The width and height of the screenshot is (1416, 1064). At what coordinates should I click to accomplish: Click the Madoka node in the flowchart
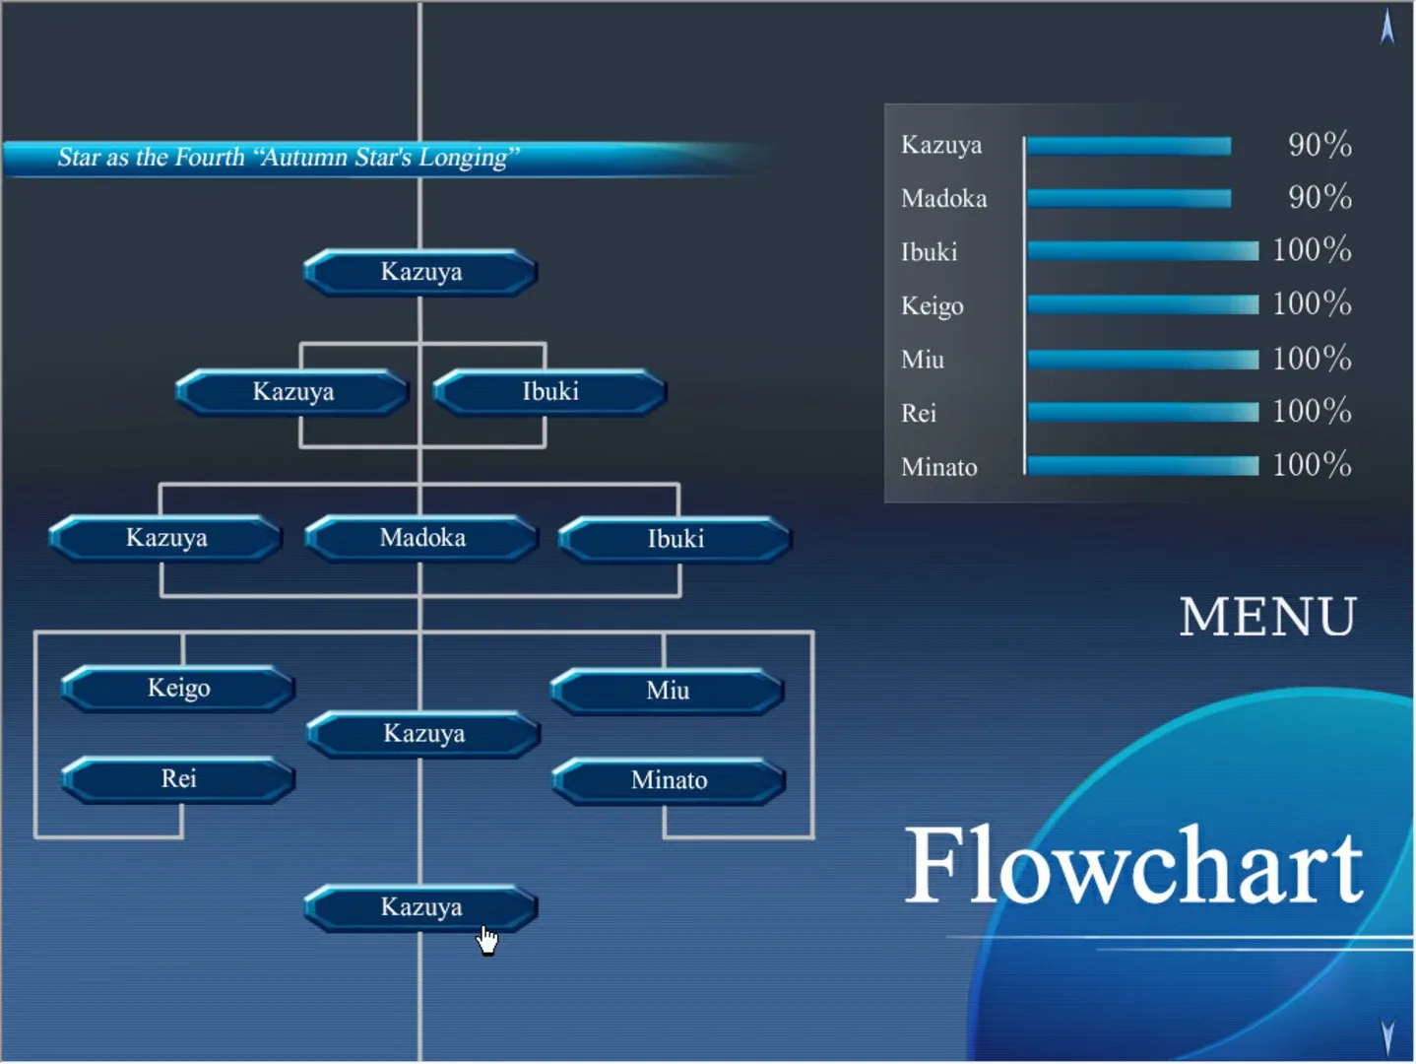[x=421, y=538]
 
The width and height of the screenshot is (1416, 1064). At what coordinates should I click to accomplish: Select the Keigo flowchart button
[x=178, y=689]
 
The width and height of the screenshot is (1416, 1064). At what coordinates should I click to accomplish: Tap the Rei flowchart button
[x=178, y=779]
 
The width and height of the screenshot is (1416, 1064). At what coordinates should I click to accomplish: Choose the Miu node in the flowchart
[x=668, y=691]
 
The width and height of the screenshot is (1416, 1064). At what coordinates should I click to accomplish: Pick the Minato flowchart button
[x=669, y=781]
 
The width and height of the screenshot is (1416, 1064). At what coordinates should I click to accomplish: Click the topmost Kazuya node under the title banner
[x=420, y=272]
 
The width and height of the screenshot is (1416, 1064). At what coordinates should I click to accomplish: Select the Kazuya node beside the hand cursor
[x=420, y=908]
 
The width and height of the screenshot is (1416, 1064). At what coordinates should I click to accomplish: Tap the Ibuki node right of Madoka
[x=676, y=540]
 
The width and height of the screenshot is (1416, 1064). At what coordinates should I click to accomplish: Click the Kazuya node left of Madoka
[x=166, y=538]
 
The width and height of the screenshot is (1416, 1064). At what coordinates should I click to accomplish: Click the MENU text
[x=1268, y=617]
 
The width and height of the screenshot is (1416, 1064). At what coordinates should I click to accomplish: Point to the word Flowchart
[x=1134, y=866]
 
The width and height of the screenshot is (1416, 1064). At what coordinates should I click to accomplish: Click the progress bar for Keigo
[x=1142, y=304]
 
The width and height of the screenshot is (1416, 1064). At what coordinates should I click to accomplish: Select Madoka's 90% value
[x=1319, y=197]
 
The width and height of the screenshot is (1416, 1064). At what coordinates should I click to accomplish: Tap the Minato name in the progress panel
[x=939, y=467]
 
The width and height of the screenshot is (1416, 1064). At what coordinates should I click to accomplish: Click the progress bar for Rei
[x=1142, y=413]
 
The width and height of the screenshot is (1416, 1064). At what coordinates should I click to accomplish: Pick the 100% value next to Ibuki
[x=1313, y=250]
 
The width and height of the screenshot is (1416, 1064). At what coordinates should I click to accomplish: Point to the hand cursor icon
[x=487, y=941]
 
